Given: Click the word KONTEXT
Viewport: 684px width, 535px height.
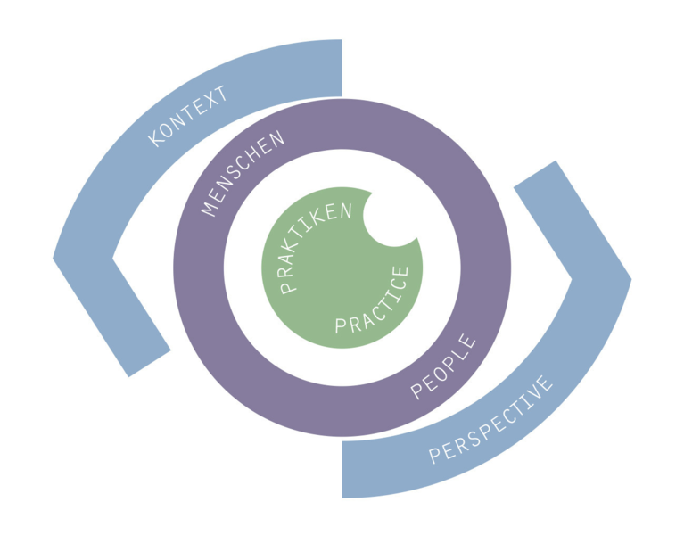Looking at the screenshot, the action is (187, 117).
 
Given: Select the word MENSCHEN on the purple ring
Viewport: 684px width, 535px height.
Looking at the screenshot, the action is (243, 173).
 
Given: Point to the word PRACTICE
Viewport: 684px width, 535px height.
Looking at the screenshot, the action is (372, 300).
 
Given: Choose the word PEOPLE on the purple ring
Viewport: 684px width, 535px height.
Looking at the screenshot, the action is (442, 366).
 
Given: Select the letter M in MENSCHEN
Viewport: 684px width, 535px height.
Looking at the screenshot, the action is (210, 208).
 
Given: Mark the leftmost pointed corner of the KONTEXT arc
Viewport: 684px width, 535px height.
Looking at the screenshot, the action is (54, 258).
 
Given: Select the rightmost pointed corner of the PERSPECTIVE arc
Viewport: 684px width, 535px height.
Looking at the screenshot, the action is (631, 279).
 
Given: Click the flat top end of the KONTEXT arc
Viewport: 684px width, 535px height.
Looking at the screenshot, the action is (342, 68).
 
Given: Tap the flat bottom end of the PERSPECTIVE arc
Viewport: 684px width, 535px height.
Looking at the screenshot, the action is (342, 469).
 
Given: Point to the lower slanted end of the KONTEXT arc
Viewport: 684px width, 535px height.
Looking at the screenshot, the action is (150, 363).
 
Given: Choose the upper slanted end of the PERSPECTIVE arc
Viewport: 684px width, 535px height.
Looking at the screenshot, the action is (535, 174).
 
